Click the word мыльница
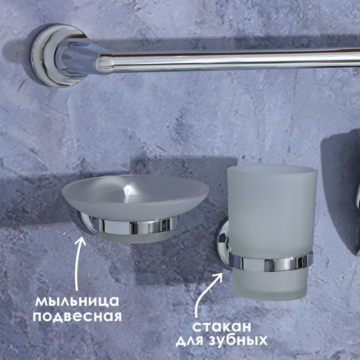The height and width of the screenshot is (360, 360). [77, 301]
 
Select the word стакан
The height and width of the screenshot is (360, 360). [221, 327]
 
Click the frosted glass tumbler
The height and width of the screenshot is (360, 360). [272, 232]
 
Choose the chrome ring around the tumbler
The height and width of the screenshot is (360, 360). [271, 264]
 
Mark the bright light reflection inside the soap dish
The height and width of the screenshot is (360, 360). [129, 191]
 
